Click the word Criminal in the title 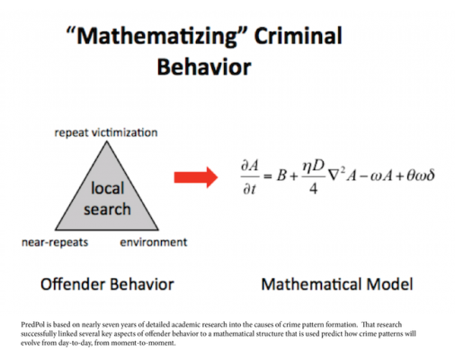click(299, 36)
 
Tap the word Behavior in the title click(204, 67)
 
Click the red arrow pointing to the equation click(196, 177)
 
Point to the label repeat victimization click(106, 132)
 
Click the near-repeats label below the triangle click(55, 242)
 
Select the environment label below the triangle click(154, 242)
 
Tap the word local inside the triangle click(107, 188)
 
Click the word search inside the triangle click(107, 209)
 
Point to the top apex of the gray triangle click(106, 141)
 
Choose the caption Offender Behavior click(107, 284)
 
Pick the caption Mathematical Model click(337, 284)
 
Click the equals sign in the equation click(267, 176)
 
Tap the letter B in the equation click(281, 175)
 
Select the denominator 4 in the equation click(314, 189)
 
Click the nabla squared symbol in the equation click(336, 175)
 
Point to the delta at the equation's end click(430, 175)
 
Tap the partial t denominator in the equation click(249, 189)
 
